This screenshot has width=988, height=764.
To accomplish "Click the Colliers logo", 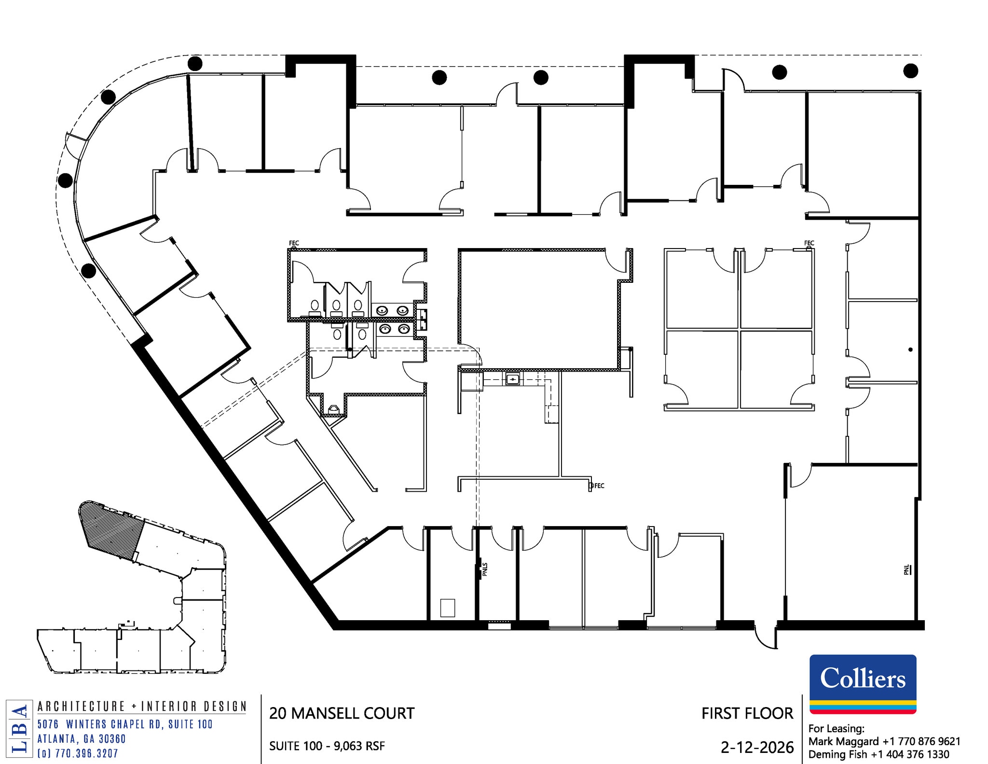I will click(863, 683).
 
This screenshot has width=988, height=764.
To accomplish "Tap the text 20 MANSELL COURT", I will click(342, 713).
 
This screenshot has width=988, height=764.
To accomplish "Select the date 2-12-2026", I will click(757, 748).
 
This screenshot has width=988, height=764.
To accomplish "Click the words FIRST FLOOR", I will click(747, 713).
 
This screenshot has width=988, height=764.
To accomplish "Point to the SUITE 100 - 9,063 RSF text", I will click(327, 746).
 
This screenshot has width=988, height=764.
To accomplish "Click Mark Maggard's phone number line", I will click(884, 741).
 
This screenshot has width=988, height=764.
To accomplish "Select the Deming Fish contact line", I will click(878, 754).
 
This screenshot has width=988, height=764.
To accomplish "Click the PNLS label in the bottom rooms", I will click(485, 570).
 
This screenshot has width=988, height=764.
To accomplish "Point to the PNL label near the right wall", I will click(906, 570).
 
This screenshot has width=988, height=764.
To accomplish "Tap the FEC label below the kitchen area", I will click(599, 486).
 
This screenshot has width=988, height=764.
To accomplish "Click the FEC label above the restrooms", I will click(294, 243).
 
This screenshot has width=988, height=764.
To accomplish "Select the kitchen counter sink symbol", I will click(513, 379).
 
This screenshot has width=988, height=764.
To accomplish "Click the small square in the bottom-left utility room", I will click(448, 608).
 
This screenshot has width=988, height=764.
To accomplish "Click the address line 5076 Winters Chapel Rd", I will click(125, 724).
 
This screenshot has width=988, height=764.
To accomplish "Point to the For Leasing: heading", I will click(836, 729).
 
